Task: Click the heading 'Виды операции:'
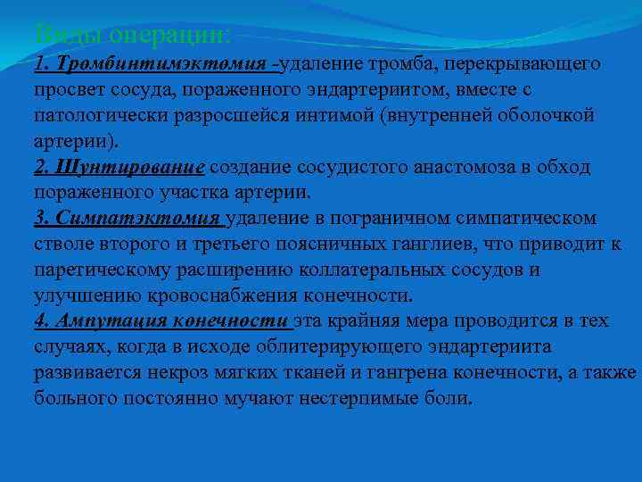133,36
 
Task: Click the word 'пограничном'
392,220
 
